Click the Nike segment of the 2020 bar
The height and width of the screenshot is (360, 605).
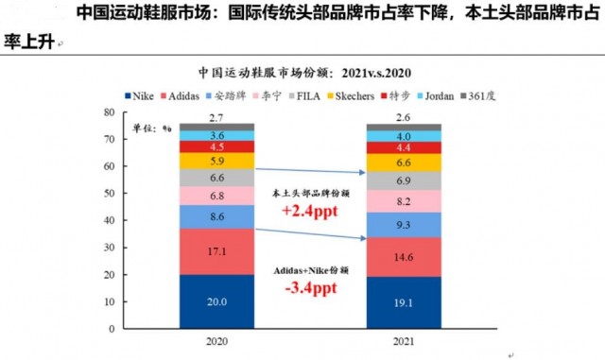tap(218, 302)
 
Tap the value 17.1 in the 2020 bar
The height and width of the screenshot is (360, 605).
tap(218, 252)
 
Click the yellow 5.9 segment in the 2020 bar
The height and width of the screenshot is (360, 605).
tap(218, 162)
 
